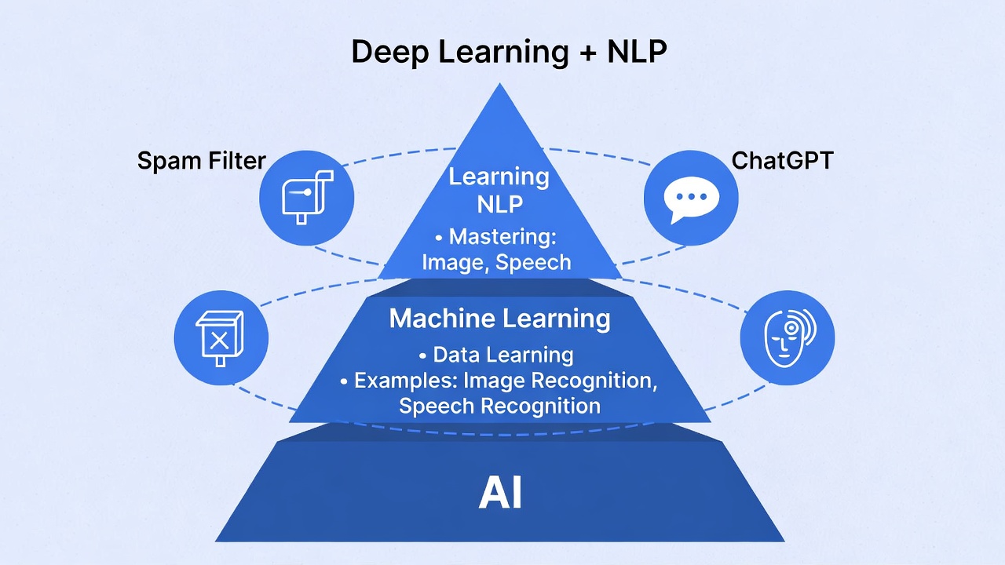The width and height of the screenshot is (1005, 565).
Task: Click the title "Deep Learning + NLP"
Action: [x=509, y=52]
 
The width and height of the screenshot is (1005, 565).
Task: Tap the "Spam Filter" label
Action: [x=202, y=162]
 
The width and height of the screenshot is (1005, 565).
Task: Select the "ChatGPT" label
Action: [x=782, y=160]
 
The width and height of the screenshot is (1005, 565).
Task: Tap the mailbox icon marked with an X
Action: [x=221, y=338]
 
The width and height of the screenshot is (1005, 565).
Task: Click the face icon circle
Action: [x=787, y=338]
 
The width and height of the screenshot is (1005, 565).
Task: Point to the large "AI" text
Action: [x=500, y=494]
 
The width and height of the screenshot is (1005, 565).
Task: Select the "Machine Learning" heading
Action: [x=500, y=319]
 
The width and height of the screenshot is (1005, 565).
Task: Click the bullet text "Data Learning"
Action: [x=503, y=355]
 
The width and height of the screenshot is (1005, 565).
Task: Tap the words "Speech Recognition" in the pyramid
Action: [x=499, y=406]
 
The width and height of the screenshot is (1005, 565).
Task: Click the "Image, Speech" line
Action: [x=496, y=262]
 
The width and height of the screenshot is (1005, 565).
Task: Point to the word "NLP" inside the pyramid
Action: [x=499, y=204]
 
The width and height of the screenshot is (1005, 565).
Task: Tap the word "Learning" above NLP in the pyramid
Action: [x=499, y=177]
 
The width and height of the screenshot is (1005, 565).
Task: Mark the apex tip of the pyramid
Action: [x=499, y=85]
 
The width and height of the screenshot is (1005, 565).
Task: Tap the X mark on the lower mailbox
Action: [x=220, y=340]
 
